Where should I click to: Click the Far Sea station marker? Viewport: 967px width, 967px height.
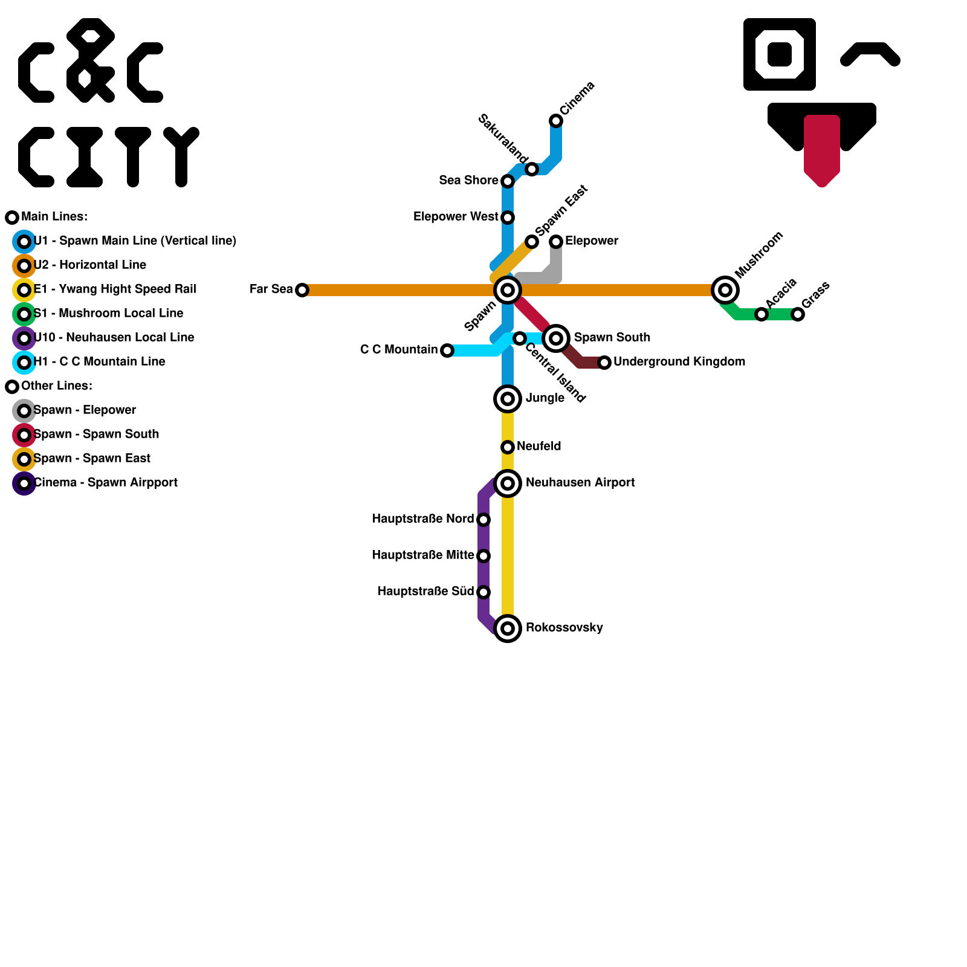click(302, 290)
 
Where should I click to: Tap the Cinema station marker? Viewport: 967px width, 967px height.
click(556, 121)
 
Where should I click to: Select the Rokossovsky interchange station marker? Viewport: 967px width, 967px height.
click(508, 629)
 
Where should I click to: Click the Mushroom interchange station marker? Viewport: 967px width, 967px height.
click(725, 290)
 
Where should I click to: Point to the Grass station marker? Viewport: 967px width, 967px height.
click(798, 314)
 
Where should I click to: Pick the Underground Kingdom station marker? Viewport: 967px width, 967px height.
click(604, 363)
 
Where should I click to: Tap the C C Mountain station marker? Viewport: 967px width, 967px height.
click(447, 351)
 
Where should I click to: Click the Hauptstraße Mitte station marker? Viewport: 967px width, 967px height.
click(483, 556)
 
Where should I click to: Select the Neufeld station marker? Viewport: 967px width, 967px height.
click(508, 447)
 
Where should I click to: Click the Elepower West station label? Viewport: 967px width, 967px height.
click(456, 216)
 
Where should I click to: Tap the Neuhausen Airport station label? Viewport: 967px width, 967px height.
click(580, 482)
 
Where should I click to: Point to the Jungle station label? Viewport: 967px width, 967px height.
click(545, 398)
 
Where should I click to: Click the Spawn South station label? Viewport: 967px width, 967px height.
click(612, 337)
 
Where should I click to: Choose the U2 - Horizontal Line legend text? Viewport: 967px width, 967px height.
click(90, 265)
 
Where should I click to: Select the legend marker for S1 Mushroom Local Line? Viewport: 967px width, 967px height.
click(24, 314)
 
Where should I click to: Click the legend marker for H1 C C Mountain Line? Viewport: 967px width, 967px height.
click(24, 363)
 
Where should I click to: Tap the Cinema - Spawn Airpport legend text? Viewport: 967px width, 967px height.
click(106, 482)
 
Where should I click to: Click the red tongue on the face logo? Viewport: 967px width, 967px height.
click(822, 151)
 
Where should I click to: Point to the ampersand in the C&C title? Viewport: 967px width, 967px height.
click(91, 60)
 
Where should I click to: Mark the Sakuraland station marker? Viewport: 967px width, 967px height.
click(532, 169)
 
